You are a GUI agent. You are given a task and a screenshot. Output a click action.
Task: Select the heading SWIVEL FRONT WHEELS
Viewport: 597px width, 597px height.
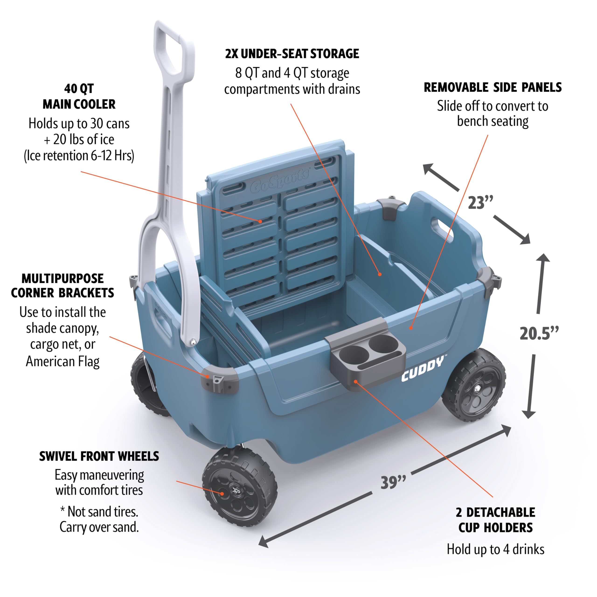tap(99, 456)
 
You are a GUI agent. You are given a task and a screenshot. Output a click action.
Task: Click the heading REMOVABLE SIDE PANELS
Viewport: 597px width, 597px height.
tap(492, 87)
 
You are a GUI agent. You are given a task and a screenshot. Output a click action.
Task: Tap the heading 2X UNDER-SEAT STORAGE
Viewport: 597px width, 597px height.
tap(292, 54)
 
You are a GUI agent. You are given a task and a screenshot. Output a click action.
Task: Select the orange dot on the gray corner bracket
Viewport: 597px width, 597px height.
tap(207, 376)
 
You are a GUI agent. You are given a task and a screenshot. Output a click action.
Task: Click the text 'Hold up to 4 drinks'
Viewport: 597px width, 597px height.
tap(495, 549)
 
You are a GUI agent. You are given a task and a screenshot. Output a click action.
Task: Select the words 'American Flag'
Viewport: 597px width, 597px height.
tap(63, 361)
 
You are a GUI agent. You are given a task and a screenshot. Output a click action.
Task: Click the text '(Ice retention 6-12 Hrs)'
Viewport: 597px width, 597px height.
tap(79, 156)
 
